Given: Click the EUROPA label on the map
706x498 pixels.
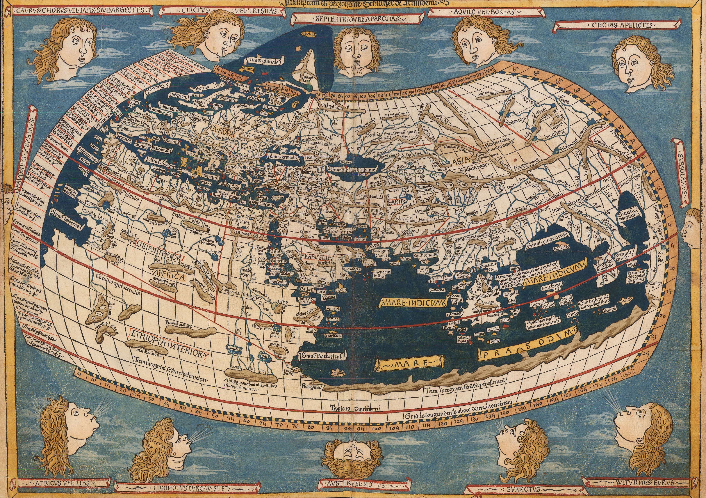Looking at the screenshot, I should [222, 135].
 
